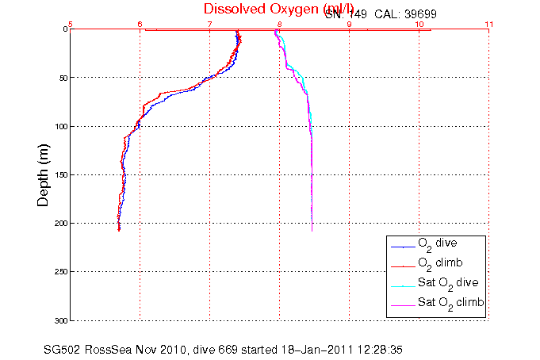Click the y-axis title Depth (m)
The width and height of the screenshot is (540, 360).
click(x=45, y=174)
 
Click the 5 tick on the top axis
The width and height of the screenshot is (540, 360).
click(x=71, y=23)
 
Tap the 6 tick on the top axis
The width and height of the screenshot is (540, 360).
click(x=140, y=23)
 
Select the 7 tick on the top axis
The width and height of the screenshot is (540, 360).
click(x=210, y=23)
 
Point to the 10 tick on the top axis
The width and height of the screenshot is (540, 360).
click(x=419, y=23)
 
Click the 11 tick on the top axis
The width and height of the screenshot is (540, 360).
click(x=488, y=23)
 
